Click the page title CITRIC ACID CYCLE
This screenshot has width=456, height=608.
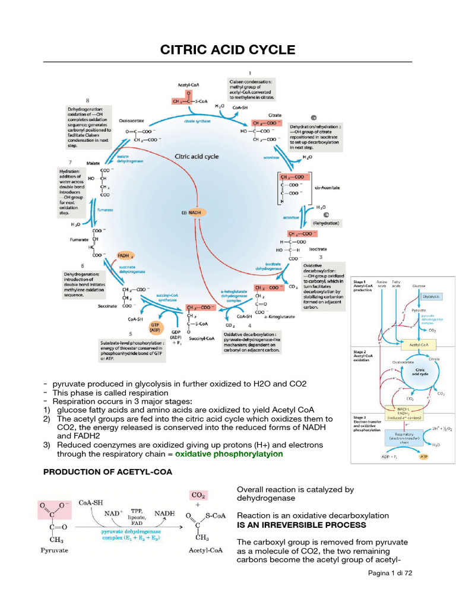(228, 50)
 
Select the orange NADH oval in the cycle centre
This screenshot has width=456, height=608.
(195, 212)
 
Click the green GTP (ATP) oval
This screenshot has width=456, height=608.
(155, 328)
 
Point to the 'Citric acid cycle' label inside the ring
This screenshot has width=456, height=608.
(197, 157)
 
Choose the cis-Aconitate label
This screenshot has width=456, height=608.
(327, 187)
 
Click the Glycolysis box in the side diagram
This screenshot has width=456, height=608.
(432, 295)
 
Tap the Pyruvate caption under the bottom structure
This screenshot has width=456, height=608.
(54, 550)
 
